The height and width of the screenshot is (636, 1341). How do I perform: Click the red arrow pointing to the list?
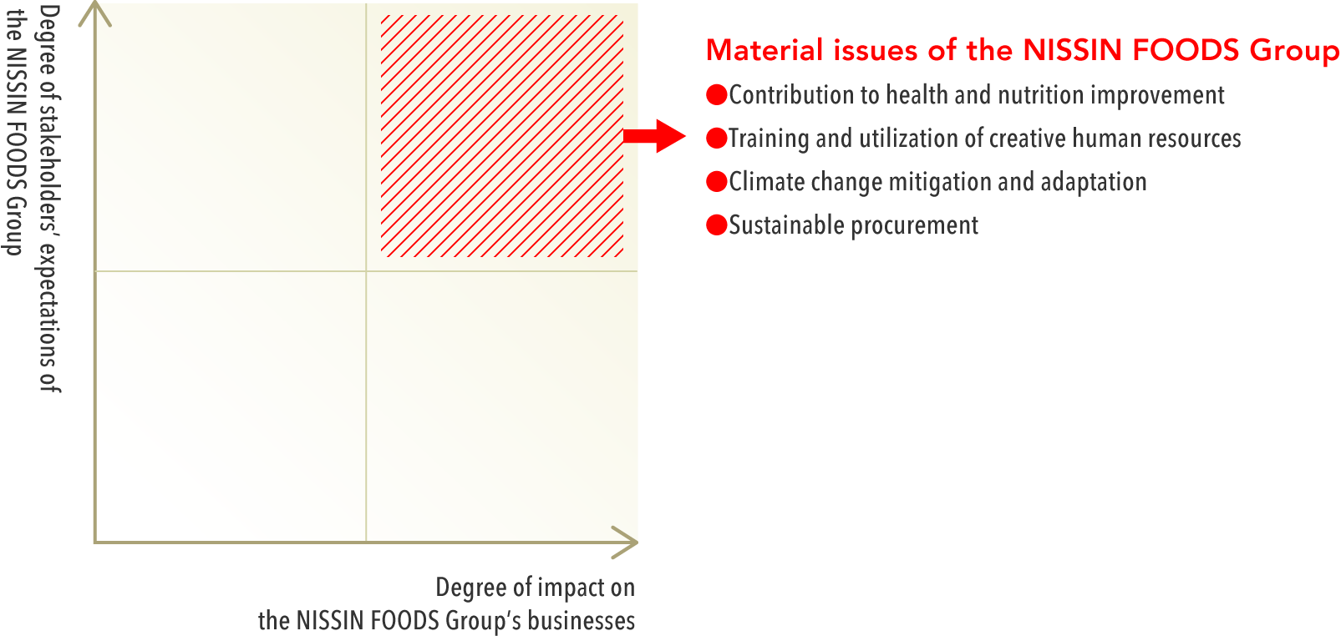coord(653,136)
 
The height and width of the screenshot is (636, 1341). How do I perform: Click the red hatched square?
coord(502,136)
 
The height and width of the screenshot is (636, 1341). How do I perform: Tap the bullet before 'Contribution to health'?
coord(716,94)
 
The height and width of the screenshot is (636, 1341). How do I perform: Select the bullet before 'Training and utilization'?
coord(716,139)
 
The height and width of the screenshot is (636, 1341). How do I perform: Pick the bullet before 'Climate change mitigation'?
coord(716,181)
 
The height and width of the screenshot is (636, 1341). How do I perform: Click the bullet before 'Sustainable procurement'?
coord(716,225)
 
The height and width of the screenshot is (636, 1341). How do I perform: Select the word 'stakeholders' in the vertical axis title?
coord(50,169)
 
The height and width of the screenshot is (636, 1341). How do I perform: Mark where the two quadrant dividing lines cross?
coord(366,271)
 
